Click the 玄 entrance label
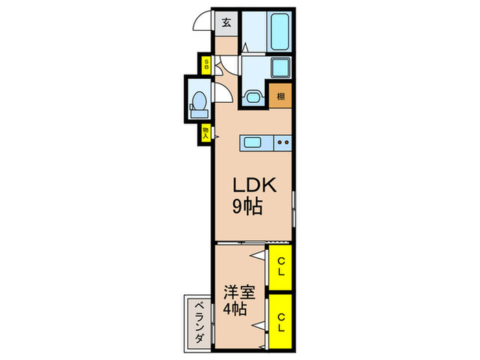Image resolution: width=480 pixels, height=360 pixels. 226,22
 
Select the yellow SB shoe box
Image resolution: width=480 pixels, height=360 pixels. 205,65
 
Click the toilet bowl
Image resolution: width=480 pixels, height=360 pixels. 198,102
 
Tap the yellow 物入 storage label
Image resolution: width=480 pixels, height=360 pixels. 205,132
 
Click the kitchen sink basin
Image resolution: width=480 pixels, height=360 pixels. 252,143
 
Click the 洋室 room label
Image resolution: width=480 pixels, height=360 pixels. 238,293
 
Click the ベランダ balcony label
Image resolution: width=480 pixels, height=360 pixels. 197,322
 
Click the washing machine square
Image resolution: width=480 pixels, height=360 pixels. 281,68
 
